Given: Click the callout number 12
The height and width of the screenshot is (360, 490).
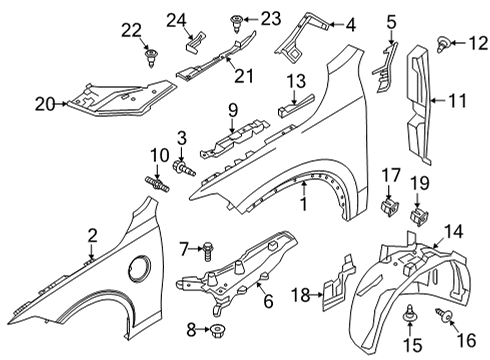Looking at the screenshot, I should pyautogui.click(x=476, y=40).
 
